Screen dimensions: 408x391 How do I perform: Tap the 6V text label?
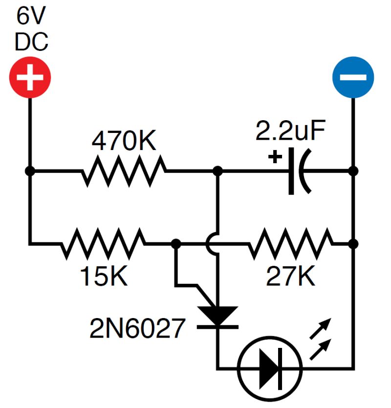coord(30,17)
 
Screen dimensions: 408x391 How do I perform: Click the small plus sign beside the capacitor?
coord(276,157)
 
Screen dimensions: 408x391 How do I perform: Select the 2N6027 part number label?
coord(138,328)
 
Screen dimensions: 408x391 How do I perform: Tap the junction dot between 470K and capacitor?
coord(218,171)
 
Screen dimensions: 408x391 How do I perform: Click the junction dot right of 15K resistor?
coord(176,243)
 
